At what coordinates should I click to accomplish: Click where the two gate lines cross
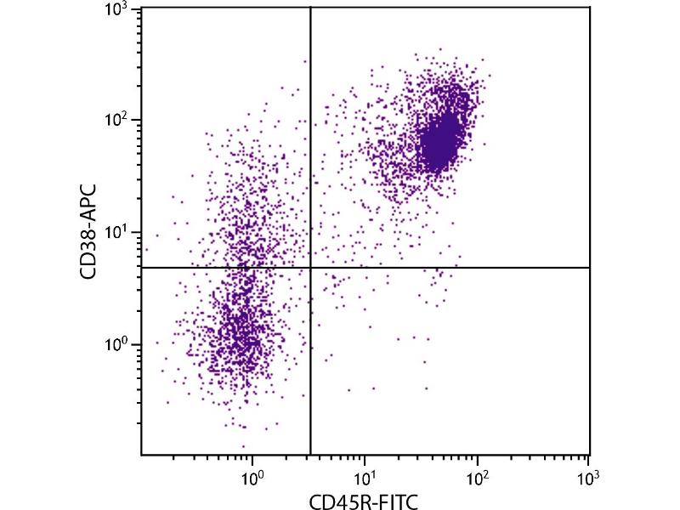point(310,268)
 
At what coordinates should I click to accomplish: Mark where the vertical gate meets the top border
point(310,8)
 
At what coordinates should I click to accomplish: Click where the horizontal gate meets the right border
point(589,268)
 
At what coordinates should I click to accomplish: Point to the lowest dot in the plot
point(243,446)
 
